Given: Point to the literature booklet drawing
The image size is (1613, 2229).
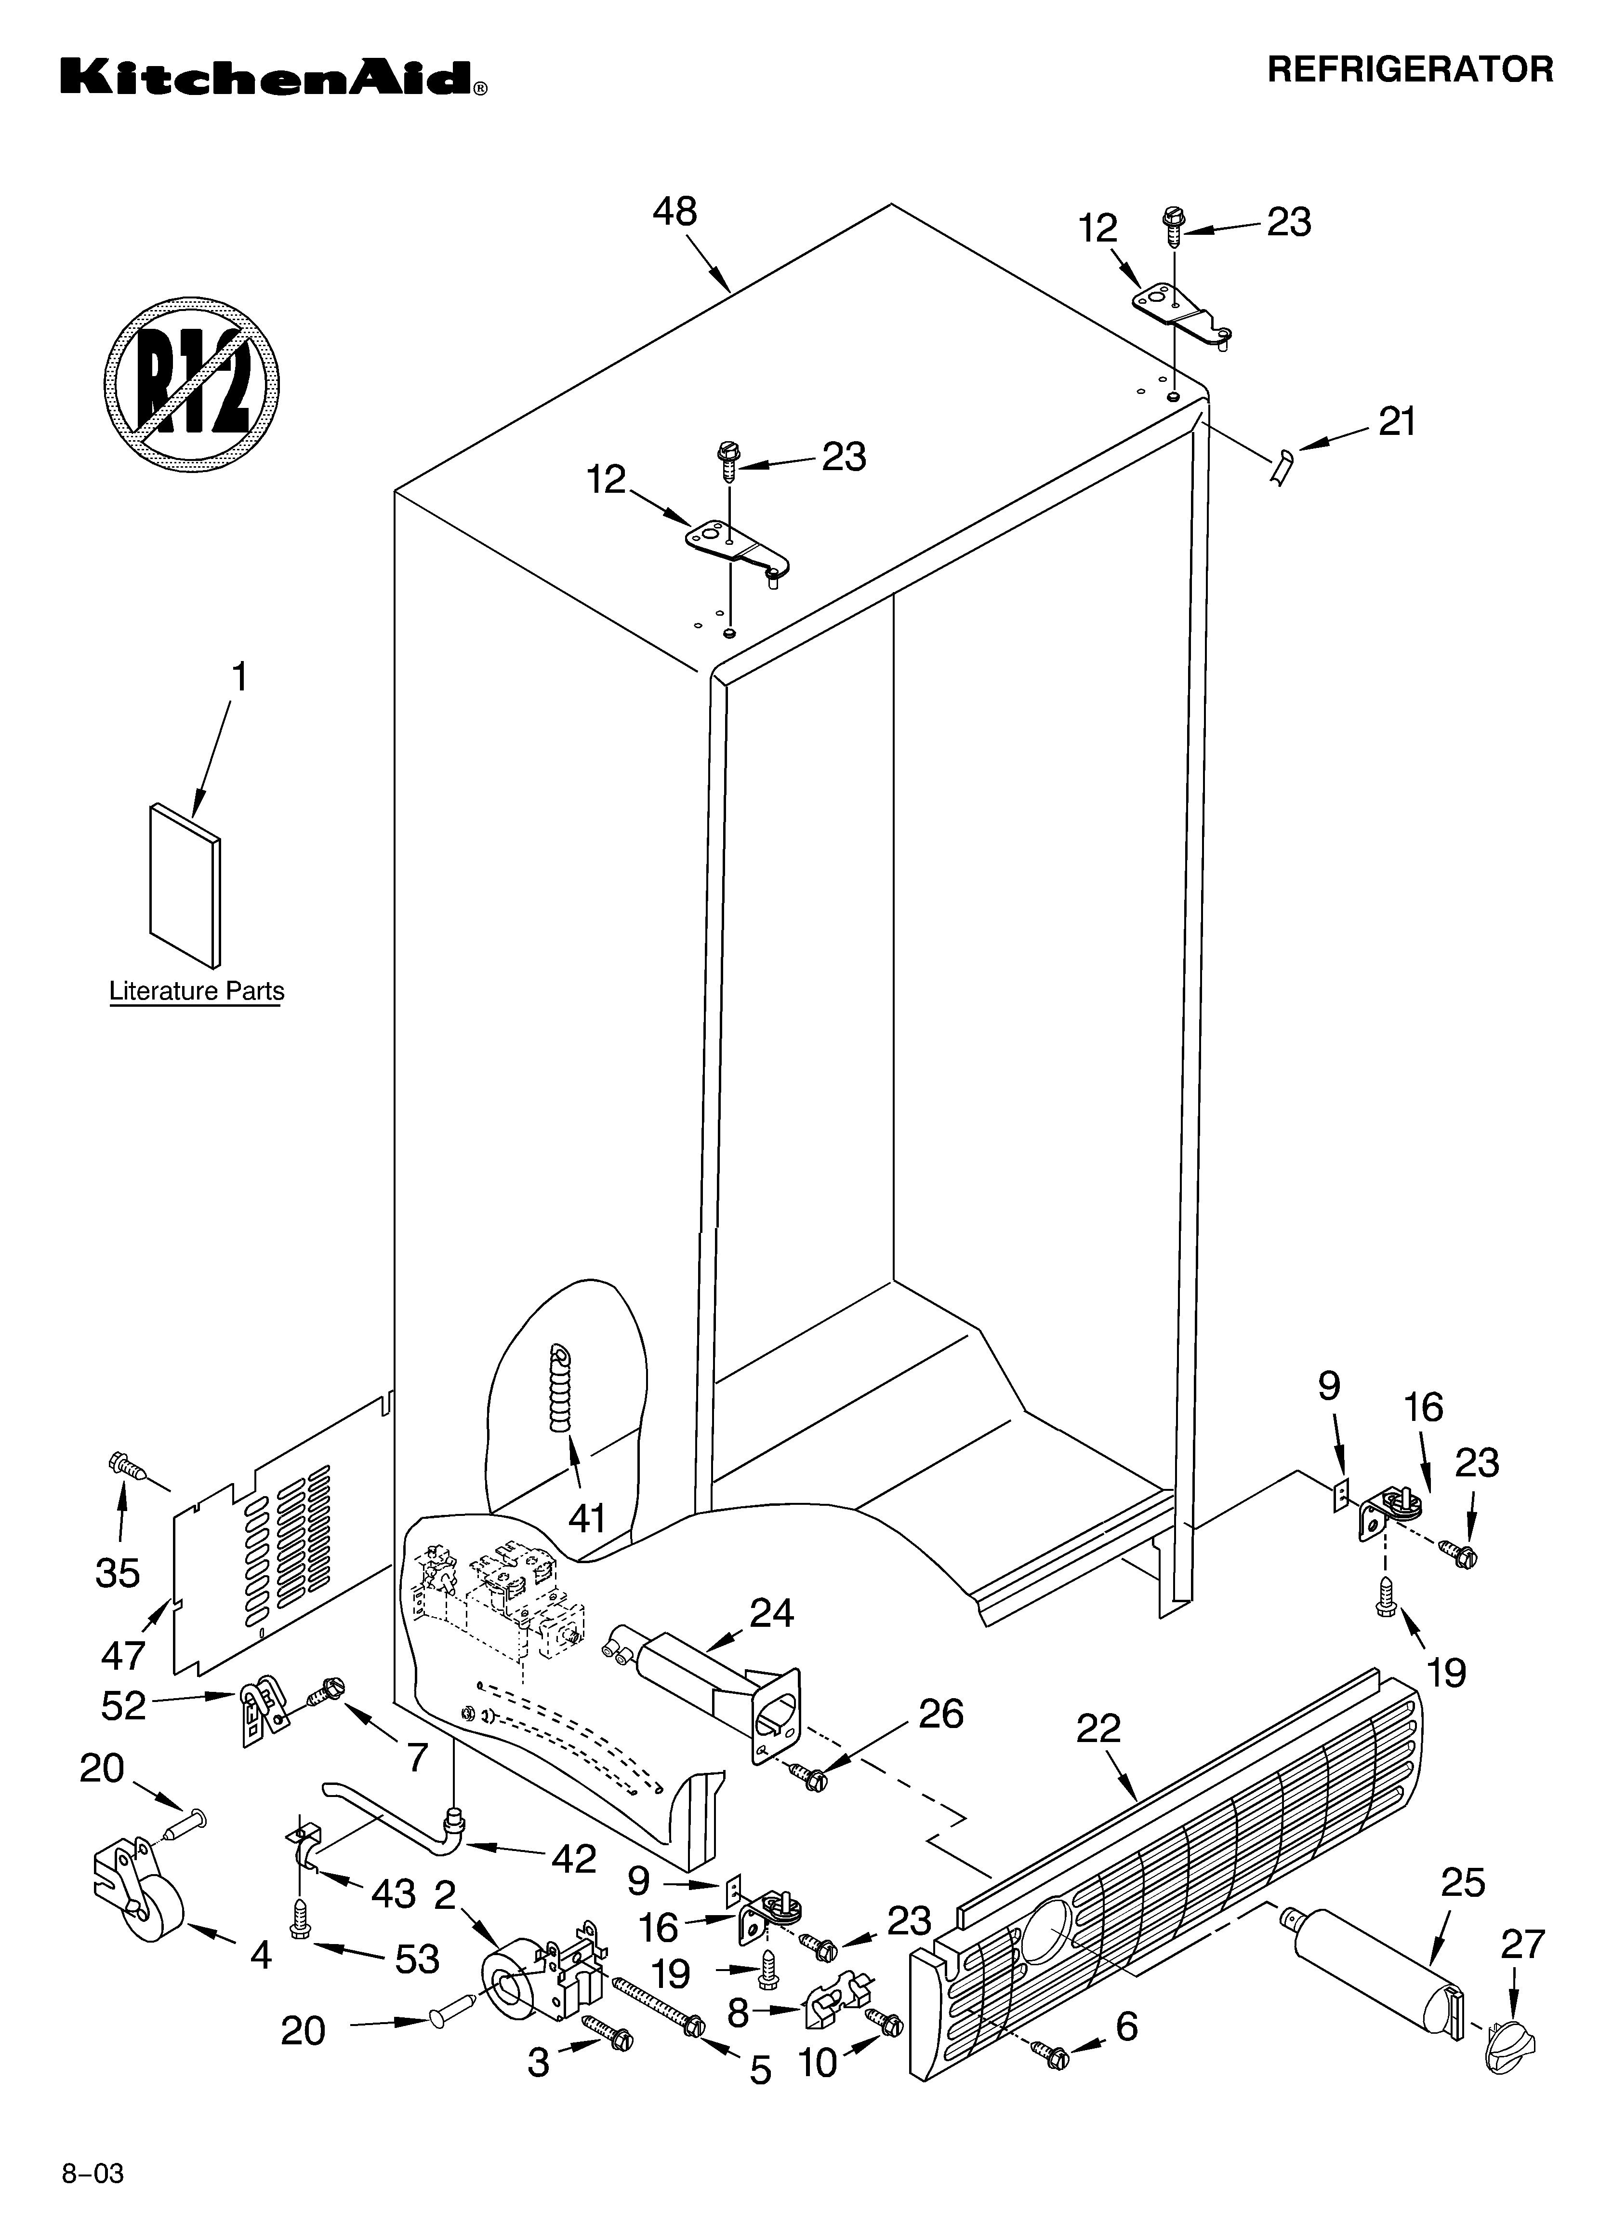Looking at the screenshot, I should pos(185,885).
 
